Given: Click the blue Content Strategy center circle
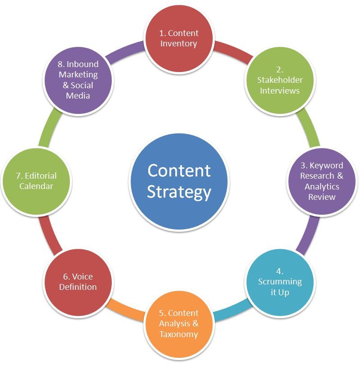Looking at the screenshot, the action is pos(179,181).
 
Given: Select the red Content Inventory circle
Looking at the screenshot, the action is pos(179,38).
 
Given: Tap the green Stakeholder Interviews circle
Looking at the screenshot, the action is pos(280,80).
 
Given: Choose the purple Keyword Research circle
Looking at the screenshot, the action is pos(322,181).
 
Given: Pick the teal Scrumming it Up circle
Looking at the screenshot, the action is pos(280,282).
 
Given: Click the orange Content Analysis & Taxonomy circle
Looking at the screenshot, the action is pos(179,324).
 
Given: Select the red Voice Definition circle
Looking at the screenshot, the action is pos(78,282).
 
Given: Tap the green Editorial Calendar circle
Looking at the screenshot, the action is pos(36,181).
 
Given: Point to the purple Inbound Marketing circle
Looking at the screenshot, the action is pos(78,80).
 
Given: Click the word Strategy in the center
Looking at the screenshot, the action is pos(179,192).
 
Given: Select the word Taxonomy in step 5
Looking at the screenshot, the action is pos(179,334).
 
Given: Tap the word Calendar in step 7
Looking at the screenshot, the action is pos(36,186).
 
